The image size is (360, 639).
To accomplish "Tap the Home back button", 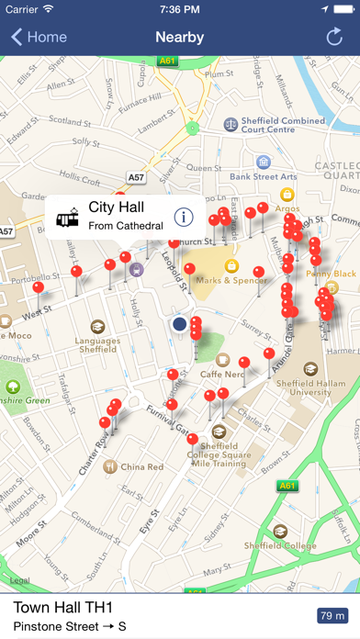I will coord(39,38).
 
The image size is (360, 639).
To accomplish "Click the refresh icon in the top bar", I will coord(334,38).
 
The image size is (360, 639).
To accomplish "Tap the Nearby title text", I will coord(180,38).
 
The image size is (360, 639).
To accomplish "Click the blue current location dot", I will coord(180,323).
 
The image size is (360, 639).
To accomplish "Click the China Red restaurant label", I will coord(141,442).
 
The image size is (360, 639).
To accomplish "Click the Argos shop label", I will coord(287,209).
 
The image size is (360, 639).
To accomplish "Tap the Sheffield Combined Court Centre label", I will coord(287,126).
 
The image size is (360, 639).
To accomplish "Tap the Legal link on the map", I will coord(20,580).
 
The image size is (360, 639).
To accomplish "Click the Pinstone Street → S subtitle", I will coord(70,627).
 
